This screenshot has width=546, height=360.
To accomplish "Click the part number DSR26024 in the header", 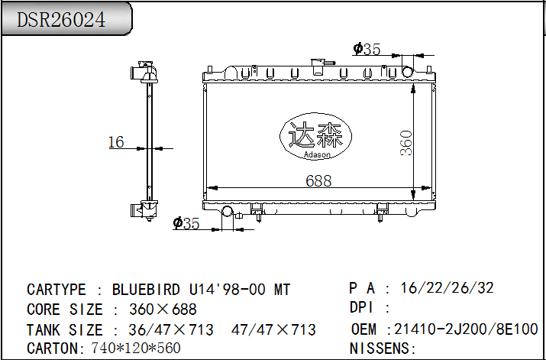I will tap(62, 18).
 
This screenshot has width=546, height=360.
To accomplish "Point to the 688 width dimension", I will tap(318, 180).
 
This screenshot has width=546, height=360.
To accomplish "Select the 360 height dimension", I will tap(406, 143).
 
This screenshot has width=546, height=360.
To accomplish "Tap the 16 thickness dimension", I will tap(116, 141).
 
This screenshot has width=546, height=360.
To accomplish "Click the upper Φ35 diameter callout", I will tap(367, 50).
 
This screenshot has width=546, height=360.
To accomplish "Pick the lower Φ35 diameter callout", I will tap(186, 223).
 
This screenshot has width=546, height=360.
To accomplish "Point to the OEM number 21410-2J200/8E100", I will tap(466, 329).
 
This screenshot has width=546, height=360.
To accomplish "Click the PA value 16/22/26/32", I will tap(447, 288).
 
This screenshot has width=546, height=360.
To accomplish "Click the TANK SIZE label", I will tap(64, 330).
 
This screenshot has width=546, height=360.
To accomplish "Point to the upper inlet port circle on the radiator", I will tap(408, 72).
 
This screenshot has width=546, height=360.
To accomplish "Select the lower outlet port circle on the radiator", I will tap(228, 212).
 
